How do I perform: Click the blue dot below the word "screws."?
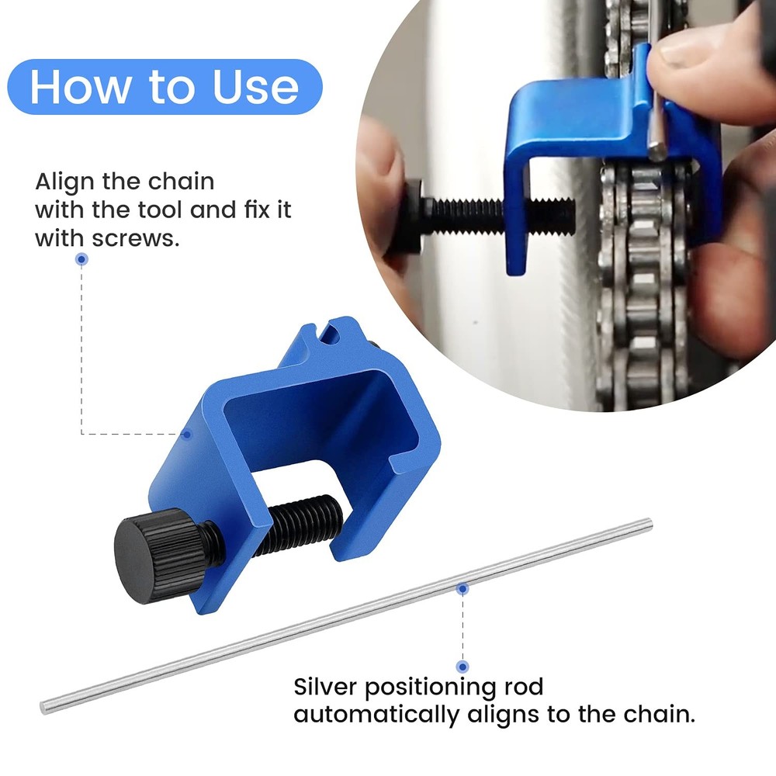(81, 261)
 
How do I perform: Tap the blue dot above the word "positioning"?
(462, 667)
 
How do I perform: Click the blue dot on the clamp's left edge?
(187, 435)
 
